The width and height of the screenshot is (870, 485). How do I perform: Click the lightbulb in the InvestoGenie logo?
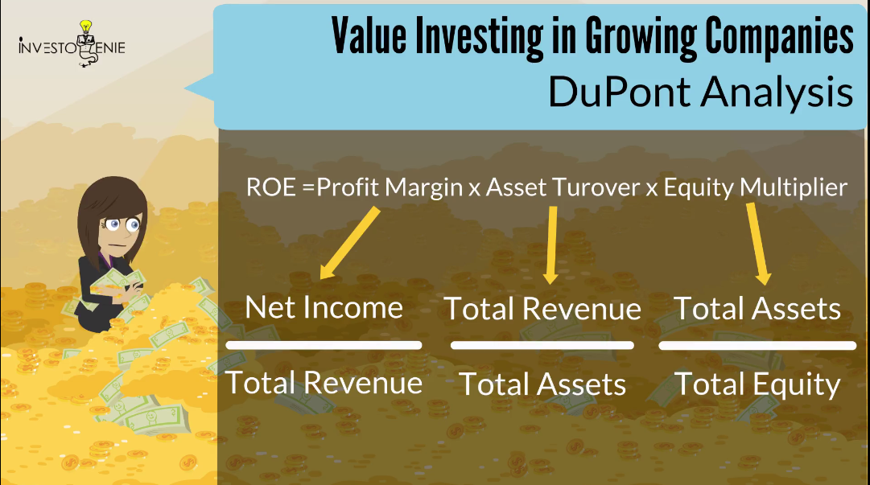point(85,27)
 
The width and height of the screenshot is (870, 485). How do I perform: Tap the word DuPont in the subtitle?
point(618,92)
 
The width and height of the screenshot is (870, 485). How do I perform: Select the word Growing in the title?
point(641,35)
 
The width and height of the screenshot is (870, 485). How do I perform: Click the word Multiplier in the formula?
point(794,187)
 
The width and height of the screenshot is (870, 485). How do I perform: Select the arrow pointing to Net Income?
point(349,243)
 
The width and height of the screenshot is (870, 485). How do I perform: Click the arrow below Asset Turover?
point(551,245)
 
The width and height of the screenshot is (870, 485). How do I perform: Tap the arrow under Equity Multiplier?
point(758,244)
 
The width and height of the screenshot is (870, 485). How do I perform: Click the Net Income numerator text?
point(324,307)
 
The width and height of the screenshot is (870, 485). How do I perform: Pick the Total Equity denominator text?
point(757,384)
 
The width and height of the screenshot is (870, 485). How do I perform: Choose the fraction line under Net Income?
point(324,345)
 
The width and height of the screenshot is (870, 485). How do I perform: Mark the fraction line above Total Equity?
point(757,346)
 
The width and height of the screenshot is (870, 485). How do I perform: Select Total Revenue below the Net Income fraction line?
point(324,383)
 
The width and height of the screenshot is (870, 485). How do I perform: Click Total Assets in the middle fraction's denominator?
point(542,384)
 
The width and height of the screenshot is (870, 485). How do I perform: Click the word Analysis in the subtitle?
point(777,92)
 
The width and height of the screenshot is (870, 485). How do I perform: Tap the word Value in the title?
point(369,35)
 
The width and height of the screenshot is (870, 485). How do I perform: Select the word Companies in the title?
point(779,36)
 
